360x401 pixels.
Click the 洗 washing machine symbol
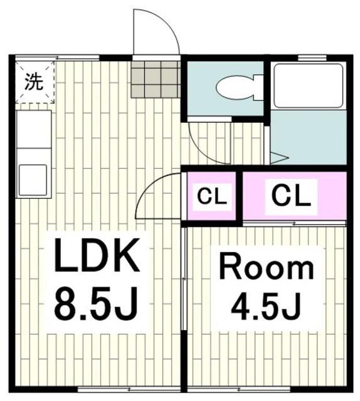[34, 81]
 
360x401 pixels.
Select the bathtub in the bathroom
[308, 86]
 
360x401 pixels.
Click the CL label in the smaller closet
[211, 197]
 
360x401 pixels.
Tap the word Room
[265, 268]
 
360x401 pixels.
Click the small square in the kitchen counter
[33, 179]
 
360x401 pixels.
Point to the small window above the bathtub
[307, 58]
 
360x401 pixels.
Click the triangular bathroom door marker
[278, 157]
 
